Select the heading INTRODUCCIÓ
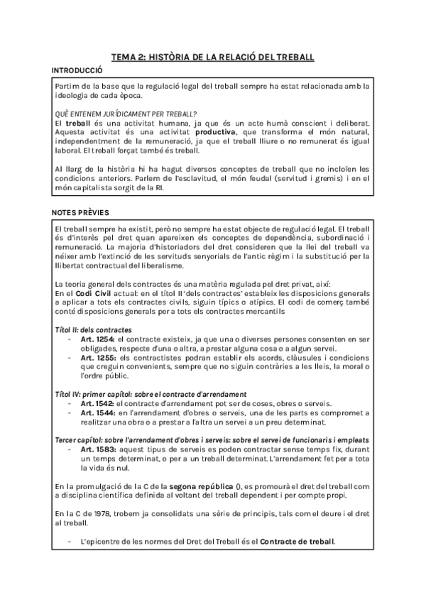(78, 71)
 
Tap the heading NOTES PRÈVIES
(80, 212)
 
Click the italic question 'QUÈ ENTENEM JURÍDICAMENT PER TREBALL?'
(126, 114)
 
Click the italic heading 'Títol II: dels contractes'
(93, 331)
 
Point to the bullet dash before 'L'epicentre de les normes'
(68, 542)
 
